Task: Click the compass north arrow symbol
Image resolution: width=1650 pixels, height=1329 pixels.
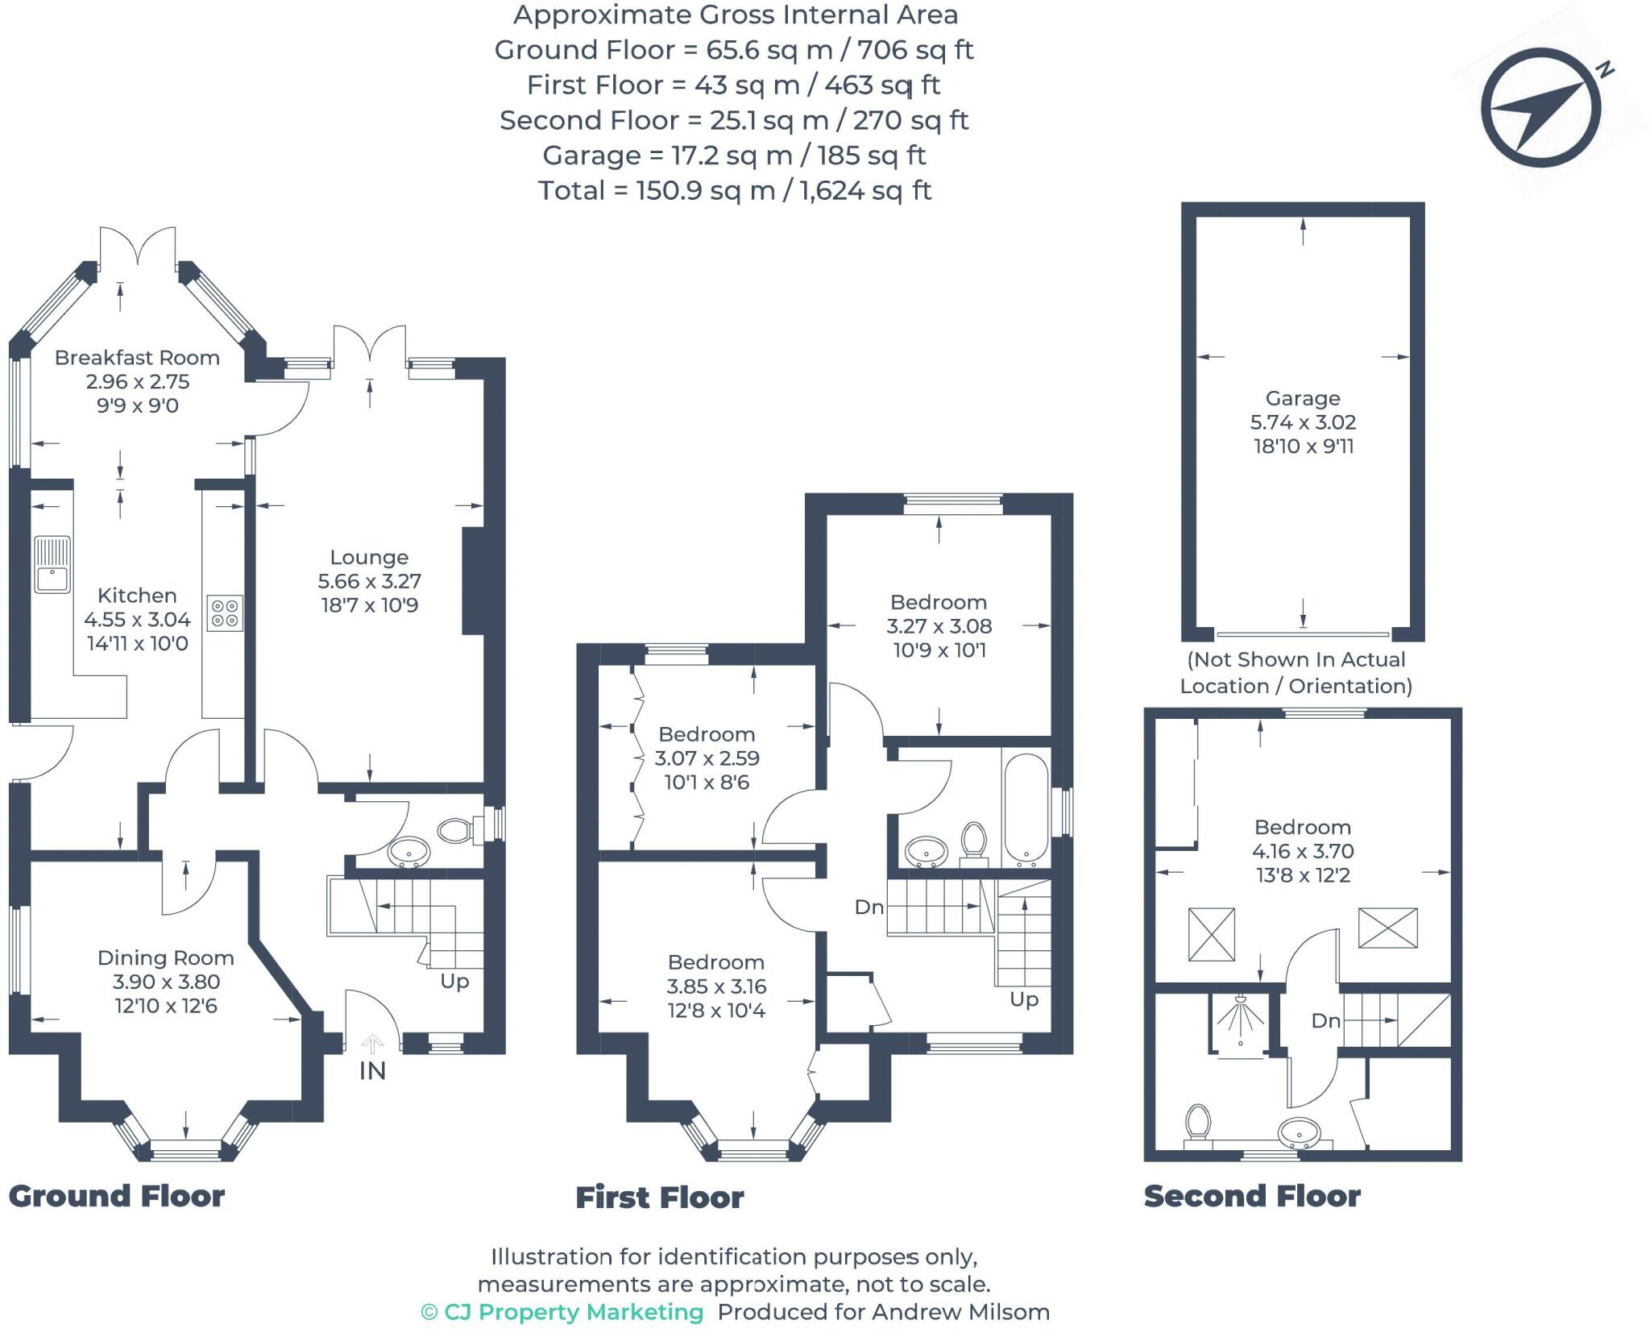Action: [x=1540, y=108]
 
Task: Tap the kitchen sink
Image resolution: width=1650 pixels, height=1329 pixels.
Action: [x=52, y=565]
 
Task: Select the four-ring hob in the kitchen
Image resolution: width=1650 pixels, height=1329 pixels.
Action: [x=225, y=613]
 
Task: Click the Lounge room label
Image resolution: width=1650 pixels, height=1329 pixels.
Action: [x=369, y=557]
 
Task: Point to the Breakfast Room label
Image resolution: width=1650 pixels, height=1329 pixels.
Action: [x=137, y=358]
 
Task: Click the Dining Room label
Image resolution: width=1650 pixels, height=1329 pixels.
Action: [x=166, y=957]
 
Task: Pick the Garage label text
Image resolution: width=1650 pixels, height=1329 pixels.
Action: [x=1303, y=398]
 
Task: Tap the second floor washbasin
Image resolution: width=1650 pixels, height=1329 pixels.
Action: [x=1299, y=1132]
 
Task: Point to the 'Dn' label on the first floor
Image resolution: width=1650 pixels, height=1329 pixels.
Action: [x=869, y=907]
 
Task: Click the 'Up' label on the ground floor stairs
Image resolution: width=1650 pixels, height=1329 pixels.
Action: [x=454, y=982]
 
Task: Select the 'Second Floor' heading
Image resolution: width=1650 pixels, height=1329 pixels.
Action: [x=1252, y=1196]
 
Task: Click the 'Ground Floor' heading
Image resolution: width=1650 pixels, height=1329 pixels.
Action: [x=117, y=1196]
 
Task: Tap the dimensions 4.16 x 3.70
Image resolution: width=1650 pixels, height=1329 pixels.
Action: [x=1303, y=851]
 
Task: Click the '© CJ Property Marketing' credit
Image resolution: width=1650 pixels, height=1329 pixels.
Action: [x=562, y=1312]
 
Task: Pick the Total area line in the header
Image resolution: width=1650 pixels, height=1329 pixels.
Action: [x=735, y=191]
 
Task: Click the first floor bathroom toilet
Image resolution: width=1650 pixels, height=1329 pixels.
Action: [x=974, y=842]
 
